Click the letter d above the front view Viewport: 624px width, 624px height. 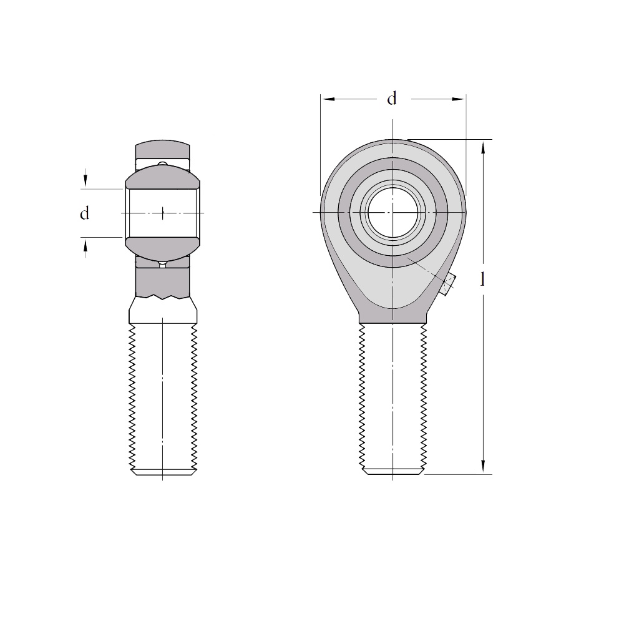pyautogui.click(x=392, y=99)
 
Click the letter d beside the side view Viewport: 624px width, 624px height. pyautogui.click(x=84, y=213)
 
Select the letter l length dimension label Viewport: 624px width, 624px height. pyautogui.click(x=483, y=280)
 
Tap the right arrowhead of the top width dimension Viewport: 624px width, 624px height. pyautogui.click(x=458, y=99)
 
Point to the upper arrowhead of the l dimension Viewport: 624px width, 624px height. pyautogui.click(x=483, y=147)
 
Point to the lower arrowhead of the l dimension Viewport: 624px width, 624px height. pyautogui.click(x=483, y=467)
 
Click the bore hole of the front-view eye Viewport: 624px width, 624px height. pyautogui.click(x=392, y=213)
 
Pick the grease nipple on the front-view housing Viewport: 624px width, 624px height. pyautogui.click(x=449, y=285)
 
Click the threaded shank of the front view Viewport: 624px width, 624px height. pyautogui.click(x=392, y=398)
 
